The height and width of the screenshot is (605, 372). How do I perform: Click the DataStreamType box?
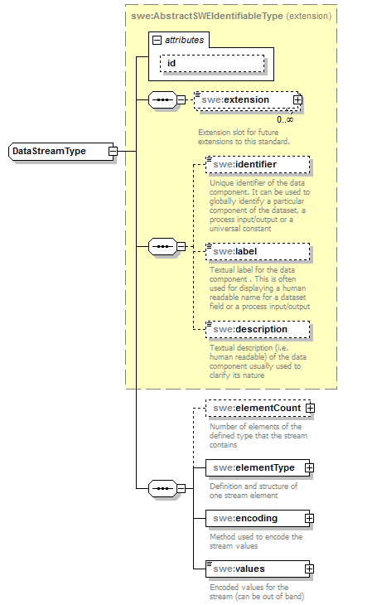click(x=57, y=152)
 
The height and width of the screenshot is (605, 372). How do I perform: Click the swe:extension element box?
click(x=245, y=100)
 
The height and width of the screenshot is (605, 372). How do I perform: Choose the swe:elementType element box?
click(x=253, y=467)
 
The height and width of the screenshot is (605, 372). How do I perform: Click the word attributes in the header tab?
click(x=184, y=40)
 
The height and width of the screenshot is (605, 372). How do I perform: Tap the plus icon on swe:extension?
click(x=297, y=100)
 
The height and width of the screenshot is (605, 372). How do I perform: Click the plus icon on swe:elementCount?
click(x=310, y=408)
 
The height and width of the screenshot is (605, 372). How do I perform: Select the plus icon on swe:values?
click(x=309, y=569)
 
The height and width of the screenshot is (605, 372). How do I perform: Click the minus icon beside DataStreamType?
click(x=113, y=152)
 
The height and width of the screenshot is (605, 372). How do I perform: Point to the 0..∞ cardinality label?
click(x=284, y=119)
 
